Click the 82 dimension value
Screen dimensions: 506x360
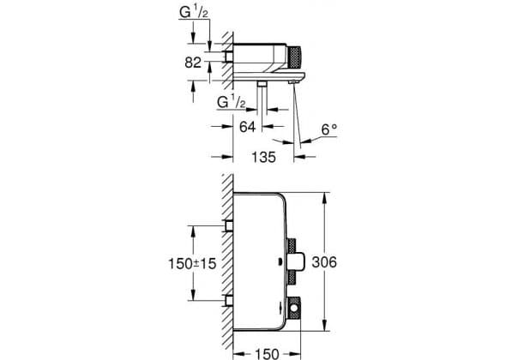[193, 63]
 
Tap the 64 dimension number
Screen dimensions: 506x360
[247, 127]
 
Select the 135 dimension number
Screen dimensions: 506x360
[263, 157]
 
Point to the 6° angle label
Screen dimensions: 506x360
[329, 129]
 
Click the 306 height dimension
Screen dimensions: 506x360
[324, 262]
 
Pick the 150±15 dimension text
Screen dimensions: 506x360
[192, 263]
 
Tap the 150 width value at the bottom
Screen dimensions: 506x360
[267, 353]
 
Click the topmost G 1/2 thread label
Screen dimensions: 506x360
[194, 12]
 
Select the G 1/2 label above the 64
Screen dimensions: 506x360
[232, 103]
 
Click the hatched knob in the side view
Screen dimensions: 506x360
[294, 57]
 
